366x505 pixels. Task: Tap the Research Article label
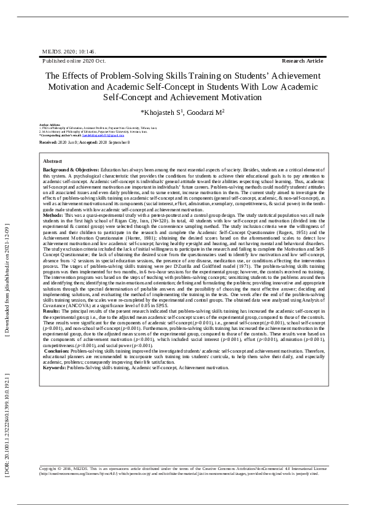pyautogui.click(x=302, y=61)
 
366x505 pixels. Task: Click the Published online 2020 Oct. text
pyautogui.click(x=74, y=61)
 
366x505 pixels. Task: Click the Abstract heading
pyautogui.click(x=52, y=161)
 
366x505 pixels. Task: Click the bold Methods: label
pyautogui.click(x=53, y=216)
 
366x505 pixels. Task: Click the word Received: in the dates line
pyautogui.click(x=48, y=142)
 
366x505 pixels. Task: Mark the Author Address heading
pyautogui.click(x=49, y=124)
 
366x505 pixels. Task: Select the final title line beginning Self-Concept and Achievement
pyautogui.click(x=182, y=98)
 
